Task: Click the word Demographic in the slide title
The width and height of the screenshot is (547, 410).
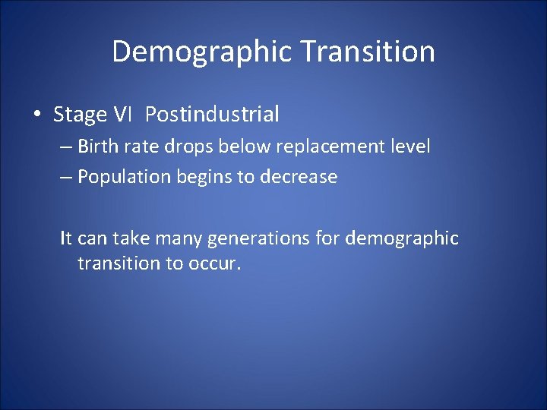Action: point(202,52)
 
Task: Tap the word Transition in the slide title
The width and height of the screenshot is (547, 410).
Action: point(368,52)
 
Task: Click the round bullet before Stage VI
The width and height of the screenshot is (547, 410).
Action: point(37,115)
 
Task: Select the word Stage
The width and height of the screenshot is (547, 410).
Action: point(80,115)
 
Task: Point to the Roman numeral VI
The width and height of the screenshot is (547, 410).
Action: point(122,115)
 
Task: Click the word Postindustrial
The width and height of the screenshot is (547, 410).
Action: point(212,115)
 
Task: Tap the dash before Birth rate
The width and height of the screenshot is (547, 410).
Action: point(66,147)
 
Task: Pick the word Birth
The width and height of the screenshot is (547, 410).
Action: point(96,146)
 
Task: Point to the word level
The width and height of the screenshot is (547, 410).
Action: point(409,146)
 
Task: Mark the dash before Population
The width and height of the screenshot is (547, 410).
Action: point(66,178)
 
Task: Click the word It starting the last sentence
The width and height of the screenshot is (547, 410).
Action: point(66,238)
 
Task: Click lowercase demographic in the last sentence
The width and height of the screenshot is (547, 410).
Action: point(402,239)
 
